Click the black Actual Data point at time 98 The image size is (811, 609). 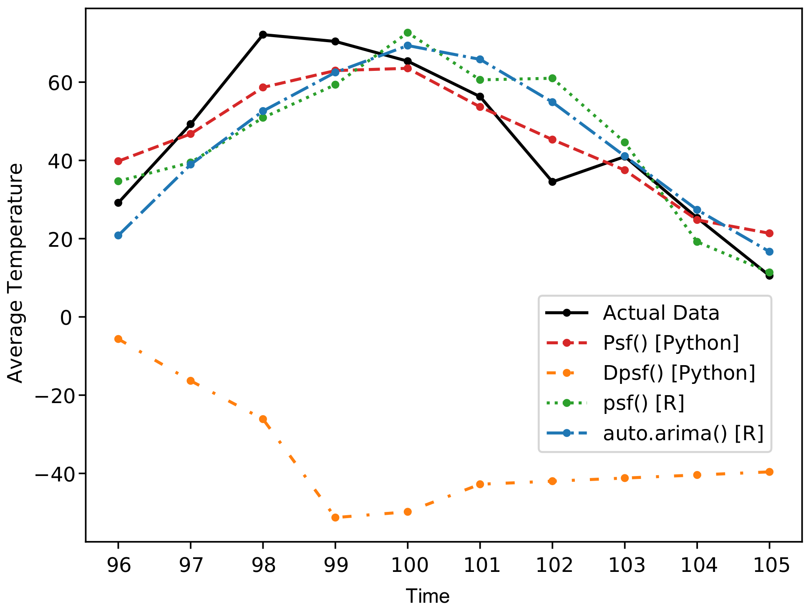coord(263,35)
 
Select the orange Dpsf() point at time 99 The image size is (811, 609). coord(335,517)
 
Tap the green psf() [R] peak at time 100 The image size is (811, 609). coord(408,33)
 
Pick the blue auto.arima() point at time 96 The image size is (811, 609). coord(118,236)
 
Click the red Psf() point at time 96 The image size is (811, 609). coord(118,161)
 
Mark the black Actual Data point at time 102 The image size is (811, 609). coord(552,182)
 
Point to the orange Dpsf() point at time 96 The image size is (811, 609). coord(118,339)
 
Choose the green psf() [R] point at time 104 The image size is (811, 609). coord(697,242)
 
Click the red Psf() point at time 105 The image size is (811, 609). coord(769,233)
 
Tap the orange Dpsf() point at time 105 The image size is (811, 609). coord(769,472)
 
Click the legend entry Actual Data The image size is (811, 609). coord(661,313)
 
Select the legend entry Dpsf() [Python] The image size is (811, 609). coord(679,373)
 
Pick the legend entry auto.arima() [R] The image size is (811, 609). coord(683,433)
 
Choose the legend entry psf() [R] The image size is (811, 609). coord(643,403)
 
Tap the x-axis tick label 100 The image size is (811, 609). coord(408,565)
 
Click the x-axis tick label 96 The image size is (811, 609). coord(118,565)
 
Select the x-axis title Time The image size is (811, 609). coord(428,596)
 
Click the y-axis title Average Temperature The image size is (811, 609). coord(16,273)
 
